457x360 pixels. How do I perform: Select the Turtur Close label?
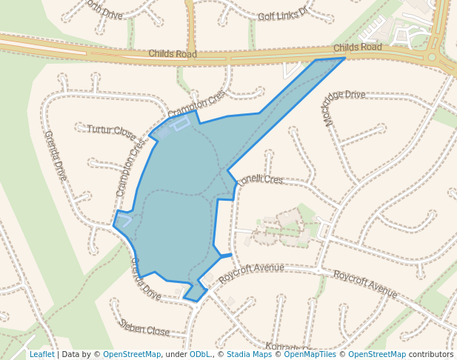[x=111, y=132]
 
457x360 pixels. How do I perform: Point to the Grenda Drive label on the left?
[x=56, y=156]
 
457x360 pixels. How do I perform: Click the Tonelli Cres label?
[x=260, y=180]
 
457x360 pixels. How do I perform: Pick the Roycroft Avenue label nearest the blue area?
[x=252, y=272]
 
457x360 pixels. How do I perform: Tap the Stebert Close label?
[x=144, y=327]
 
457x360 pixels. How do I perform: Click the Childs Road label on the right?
[x=357, y=47]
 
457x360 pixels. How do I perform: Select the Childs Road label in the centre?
[x=173, y=54]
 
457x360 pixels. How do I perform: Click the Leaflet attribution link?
[x=41, y=354]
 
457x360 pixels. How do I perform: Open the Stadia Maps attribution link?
[x=249, y=354]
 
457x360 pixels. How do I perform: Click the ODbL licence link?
[x=200, y=354]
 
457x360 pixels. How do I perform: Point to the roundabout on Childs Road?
[x=432, y=56]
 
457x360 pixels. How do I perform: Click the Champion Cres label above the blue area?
[x=196, y=104]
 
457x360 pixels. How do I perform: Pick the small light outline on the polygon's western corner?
[x=124, y=219]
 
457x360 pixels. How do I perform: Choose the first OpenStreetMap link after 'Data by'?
[x=132, y=354]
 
